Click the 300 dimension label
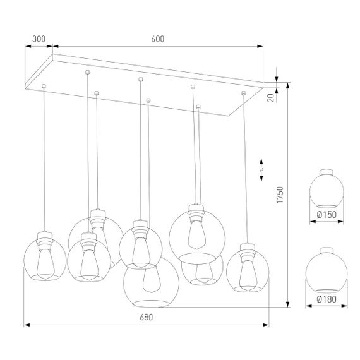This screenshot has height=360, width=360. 39,39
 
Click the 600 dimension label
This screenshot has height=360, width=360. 158,39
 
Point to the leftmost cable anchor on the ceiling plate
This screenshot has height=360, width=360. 43,85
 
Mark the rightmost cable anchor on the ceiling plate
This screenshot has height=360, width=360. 243,94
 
